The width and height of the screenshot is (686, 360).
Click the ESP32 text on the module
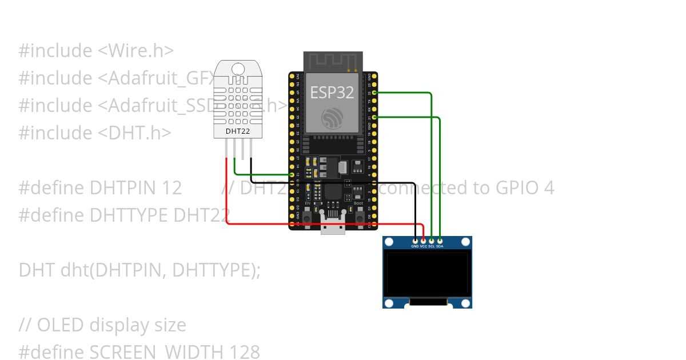point(332,92)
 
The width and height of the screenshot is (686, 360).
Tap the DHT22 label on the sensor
point(237,131)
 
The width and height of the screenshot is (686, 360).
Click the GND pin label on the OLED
point(415,246)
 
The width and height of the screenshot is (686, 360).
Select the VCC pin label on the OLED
point(423,246)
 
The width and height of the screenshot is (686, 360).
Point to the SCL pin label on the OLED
point(431,246)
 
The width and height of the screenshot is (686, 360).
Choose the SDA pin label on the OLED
point(440,246)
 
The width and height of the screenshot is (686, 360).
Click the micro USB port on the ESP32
point(333,227)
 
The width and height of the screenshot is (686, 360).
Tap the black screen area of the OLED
point(427,275)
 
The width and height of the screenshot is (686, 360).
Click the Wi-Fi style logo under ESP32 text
point(332,118)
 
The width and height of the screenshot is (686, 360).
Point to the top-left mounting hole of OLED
point(389,242)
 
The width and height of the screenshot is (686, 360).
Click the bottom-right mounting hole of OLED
point(465,303)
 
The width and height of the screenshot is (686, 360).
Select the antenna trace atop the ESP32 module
point(333,61)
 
